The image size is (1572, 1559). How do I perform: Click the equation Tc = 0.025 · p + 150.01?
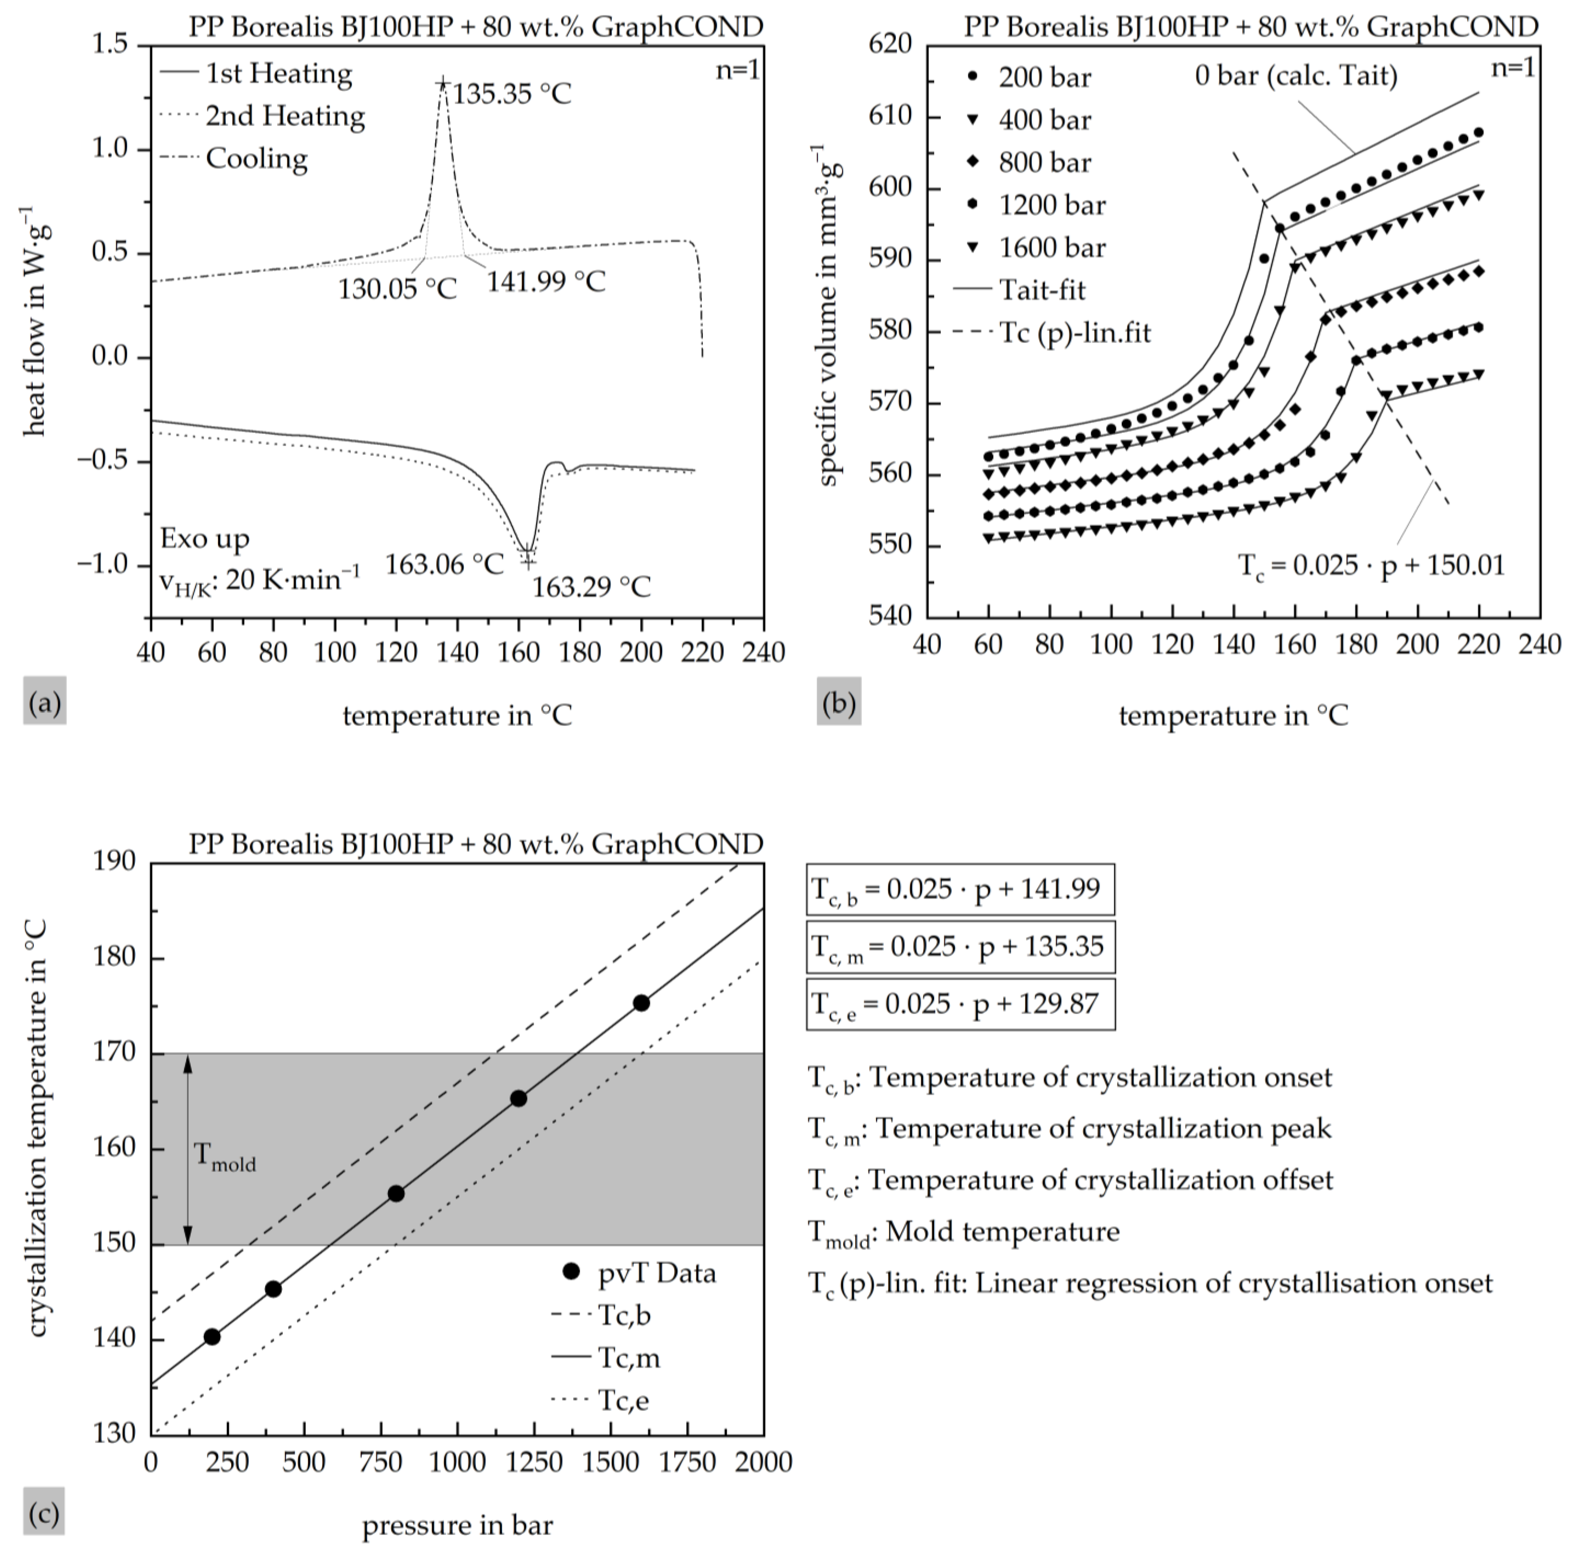tap(1371, 565)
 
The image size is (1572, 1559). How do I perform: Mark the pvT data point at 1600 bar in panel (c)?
tap(641, 1003)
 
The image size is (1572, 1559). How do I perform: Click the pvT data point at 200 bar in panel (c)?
tap(212, 1337)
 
